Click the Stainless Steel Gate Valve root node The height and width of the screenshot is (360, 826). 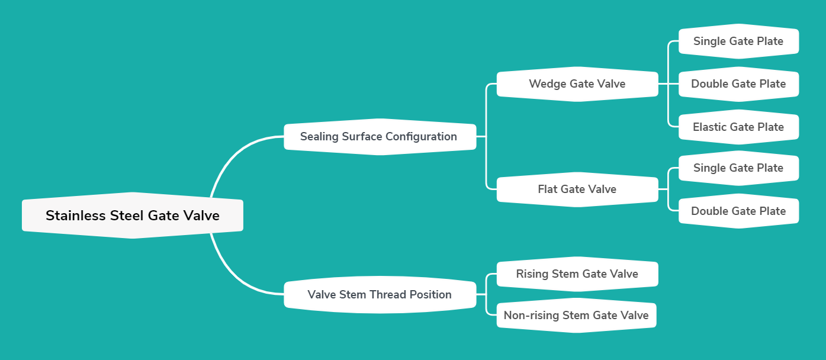point(133,216)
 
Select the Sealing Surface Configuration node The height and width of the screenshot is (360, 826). point(380,137)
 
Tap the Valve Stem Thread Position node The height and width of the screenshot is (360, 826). point(380,295)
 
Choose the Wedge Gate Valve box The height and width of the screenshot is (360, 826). point(577,84)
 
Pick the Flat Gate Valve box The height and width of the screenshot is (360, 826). point(577,189)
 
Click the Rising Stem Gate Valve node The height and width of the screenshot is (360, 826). point(577,274)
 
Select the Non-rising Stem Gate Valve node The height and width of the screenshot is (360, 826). point(576,316)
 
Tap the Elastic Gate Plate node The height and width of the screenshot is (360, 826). point(738,127)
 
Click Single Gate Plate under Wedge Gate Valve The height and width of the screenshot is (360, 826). point(738,41)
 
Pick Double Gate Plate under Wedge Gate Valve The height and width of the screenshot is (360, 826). point(738,84)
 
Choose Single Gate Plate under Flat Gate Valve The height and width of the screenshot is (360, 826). point(738,168)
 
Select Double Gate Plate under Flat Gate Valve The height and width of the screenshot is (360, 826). point(738,211)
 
